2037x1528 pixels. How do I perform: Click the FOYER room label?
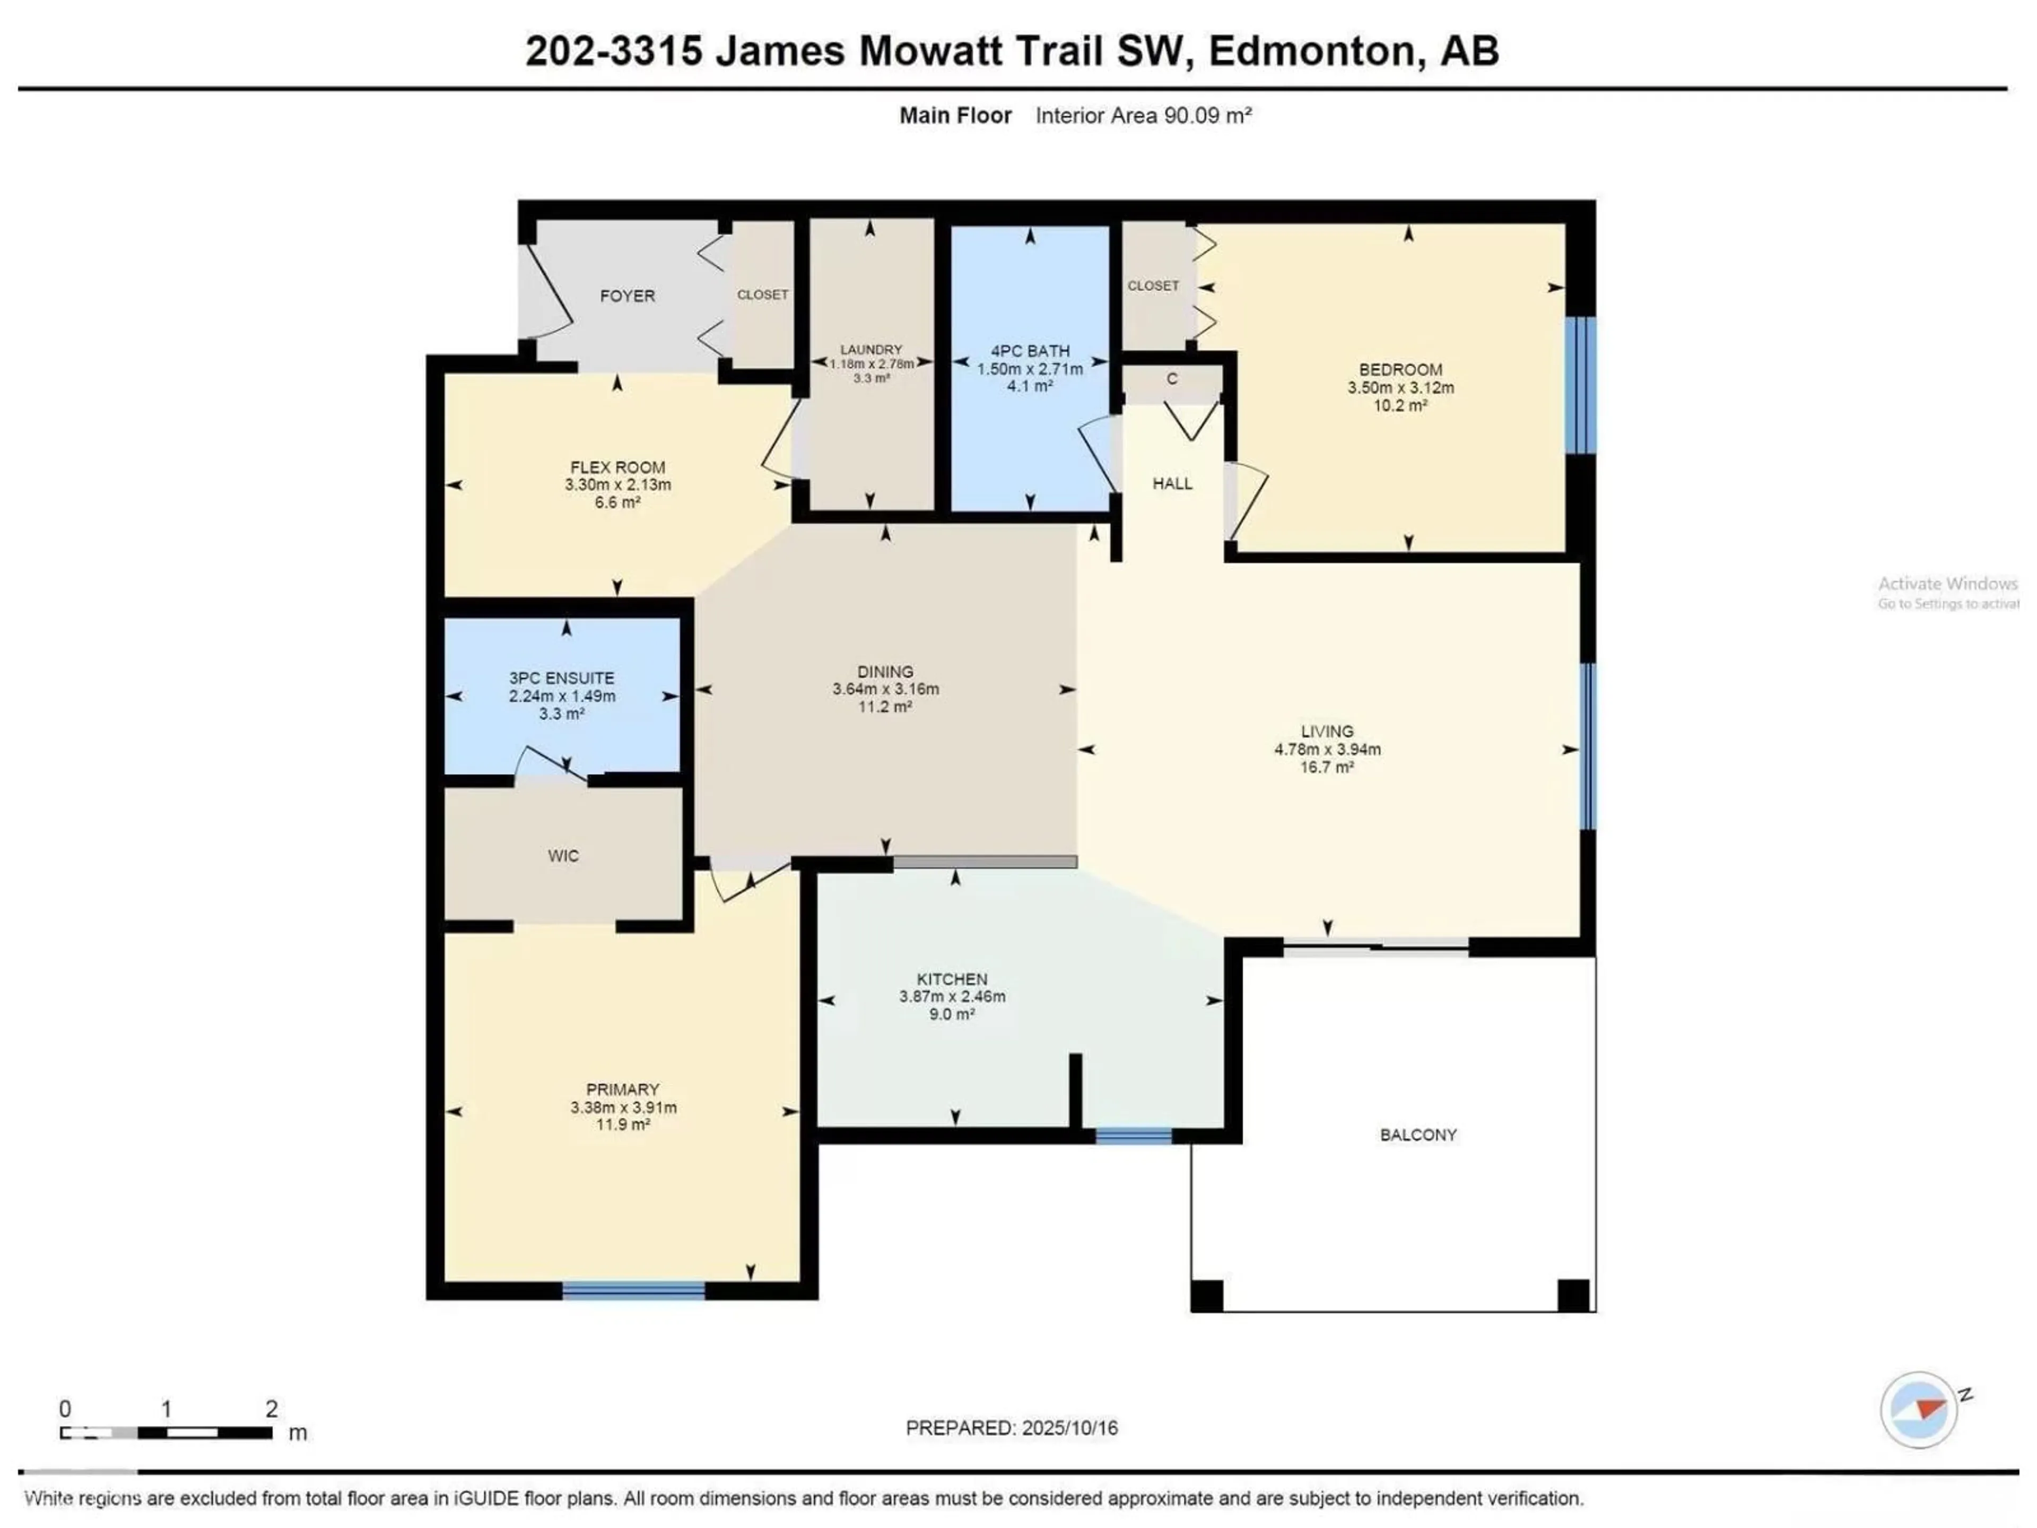pyautogui.click(x=627, y=296)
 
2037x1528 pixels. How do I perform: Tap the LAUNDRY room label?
pyautogui.click(x=871, y=349)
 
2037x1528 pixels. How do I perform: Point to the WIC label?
pyautogui.click(x=563, y=856)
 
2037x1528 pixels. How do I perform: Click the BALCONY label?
pyautogui.click(x=1418, y=1135)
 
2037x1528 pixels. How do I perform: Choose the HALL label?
pyautogui.click(x=1172, y=483)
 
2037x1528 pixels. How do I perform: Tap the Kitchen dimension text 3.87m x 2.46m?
pyautogui.click(x=952, y=996)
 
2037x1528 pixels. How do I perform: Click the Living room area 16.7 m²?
pyautogui.click(x=1327, y=766)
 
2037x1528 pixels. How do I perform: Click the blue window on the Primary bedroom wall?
pyautogui.click(x=633, y=1290)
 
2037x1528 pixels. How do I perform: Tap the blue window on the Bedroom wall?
pyautogui.click(x=1580, y=385)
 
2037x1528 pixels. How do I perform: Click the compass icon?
pyautogui.click(x=1918, y=1410)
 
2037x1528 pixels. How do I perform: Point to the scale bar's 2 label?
pyautogui.click(x=272, y=1408)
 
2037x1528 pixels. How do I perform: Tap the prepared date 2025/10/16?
pyautogui.click(x=1069, y=1428)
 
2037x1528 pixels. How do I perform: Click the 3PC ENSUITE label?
pyautogui.click(x=562, y=678)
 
